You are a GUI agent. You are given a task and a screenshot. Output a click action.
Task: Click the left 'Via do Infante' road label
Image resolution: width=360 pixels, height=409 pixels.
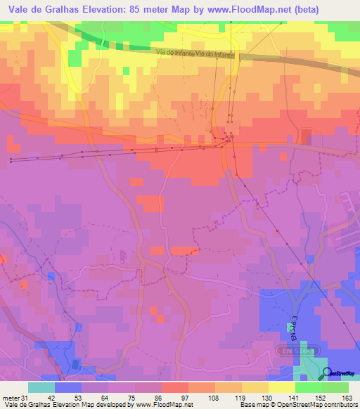pyautogui.click(x=176, y=53)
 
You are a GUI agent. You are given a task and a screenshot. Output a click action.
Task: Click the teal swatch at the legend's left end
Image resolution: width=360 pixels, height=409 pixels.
pyautogui.click(x=41, y=387)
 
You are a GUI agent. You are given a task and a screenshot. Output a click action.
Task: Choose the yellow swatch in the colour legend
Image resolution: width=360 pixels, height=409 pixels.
pyautogui.click(x=281, y=387)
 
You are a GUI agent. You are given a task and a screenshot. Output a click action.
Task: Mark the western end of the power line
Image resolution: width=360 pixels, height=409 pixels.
pyautogui.click(x=11, y=161)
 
